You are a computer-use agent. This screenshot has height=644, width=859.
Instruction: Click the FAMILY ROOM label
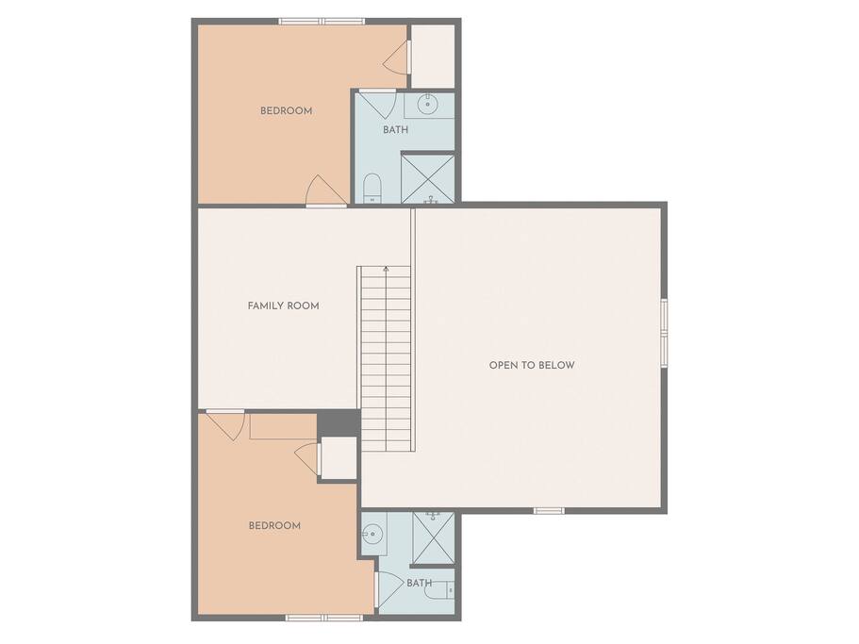click(283, 305)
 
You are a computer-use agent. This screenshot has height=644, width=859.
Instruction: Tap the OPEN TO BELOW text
click(532, 365)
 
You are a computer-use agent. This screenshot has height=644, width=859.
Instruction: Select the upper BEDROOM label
click(286, 110)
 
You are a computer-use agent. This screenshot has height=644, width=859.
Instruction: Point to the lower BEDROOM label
click(274, 526)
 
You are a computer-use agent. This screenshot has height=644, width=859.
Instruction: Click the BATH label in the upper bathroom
click(395, 130)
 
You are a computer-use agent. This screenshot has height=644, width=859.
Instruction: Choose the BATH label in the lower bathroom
click(419, 584)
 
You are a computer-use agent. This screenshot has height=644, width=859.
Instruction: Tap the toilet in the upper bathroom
click(372, 189)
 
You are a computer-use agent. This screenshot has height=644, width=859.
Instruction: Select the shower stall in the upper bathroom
click(428, 178)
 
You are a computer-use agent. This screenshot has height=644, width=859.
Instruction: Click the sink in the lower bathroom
click(372, 533)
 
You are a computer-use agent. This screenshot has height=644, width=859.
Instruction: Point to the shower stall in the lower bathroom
click(433, 537)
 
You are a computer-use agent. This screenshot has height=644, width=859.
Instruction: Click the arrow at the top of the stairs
click(387, 269)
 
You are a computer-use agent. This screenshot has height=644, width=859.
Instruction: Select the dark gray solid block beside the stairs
click(339, 422)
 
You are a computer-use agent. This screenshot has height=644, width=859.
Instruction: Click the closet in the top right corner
click(433, 56)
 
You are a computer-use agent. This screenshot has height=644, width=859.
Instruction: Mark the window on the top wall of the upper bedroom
click(322, 22)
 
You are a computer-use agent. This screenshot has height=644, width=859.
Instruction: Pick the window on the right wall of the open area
click(664, 333)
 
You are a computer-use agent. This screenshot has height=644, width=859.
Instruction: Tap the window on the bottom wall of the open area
click(549, 511)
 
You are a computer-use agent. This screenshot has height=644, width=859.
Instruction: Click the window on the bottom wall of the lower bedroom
click(323, 618)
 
